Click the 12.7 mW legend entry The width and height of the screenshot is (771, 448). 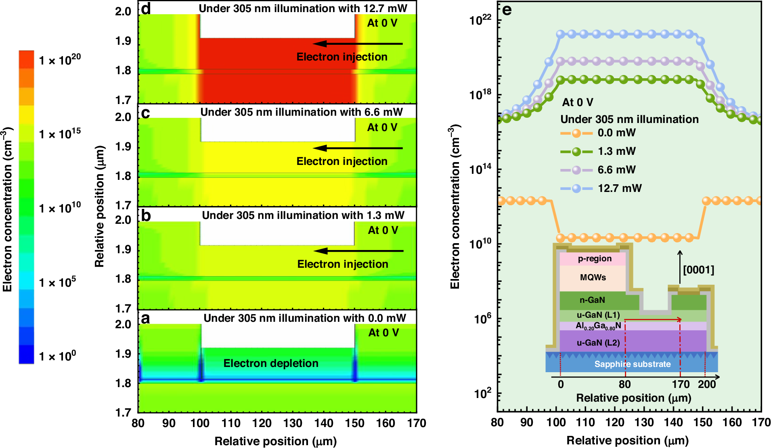(x=619, y=188)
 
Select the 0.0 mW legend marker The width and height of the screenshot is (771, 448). (x=576, y=133)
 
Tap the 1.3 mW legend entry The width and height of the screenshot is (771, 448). (x=616, y=151)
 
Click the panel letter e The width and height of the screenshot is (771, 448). (x=507, y=10)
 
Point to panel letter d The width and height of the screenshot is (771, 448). (x=145, y=8)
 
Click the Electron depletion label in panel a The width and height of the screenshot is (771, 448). (x=271, y=363)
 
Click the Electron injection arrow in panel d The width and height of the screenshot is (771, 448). (x=358, y=44)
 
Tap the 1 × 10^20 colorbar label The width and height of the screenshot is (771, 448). (x=60, y=60)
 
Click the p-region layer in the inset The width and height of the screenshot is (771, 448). (x=595, y=258)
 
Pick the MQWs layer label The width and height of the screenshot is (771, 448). (x=593, y=277)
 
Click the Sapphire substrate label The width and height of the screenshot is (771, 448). (x=632, y=364)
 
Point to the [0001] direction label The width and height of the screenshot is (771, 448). (x=698, y=269)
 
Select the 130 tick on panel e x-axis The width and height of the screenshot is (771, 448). (x=644, y=423)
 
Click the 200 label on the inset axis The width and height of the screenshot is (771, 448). (x=707, y=384)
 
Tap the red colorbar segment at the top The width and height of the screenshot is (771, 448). (x=26, y=59)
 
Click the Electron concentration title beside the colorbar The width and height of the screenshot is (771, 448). (x=8, y=209)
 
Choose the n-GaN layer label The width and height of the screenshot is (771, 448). (x=592, y=300)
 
